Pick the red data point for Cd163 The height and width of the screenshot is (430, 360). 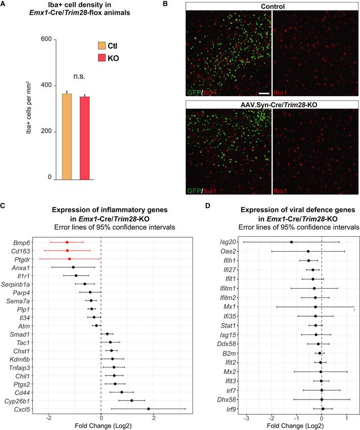pos(67,251)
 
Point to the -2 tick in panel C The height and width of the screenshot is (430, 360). pos(48,400)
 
